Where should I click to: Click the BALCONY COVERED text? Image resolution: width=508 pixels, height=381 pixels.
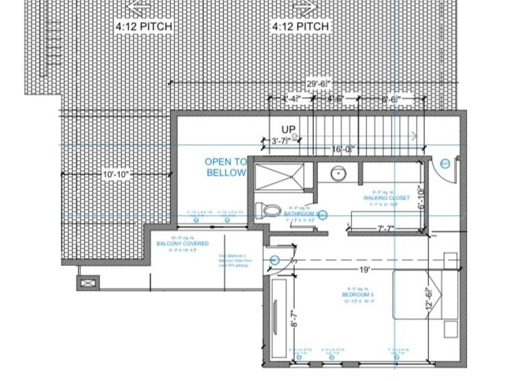click(182, 243)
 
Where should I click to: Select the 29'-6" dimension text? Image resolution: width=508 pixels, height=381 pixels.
click(319, 83)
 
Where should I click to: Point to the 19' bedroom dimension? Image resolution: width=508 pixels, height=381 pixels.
click(365, 270)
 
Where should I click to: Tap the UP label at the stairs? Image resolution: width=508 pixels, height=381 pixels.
click(289, 129)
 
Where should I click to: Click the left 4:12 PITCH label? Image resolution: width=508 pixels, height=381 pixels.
click(143, 27)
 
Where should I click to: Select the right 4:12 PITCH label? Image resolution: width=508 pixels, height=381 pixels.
click(301, 27)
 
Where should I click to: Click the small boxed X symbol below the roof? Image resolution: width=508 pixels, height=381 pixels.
click(89, 282)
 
